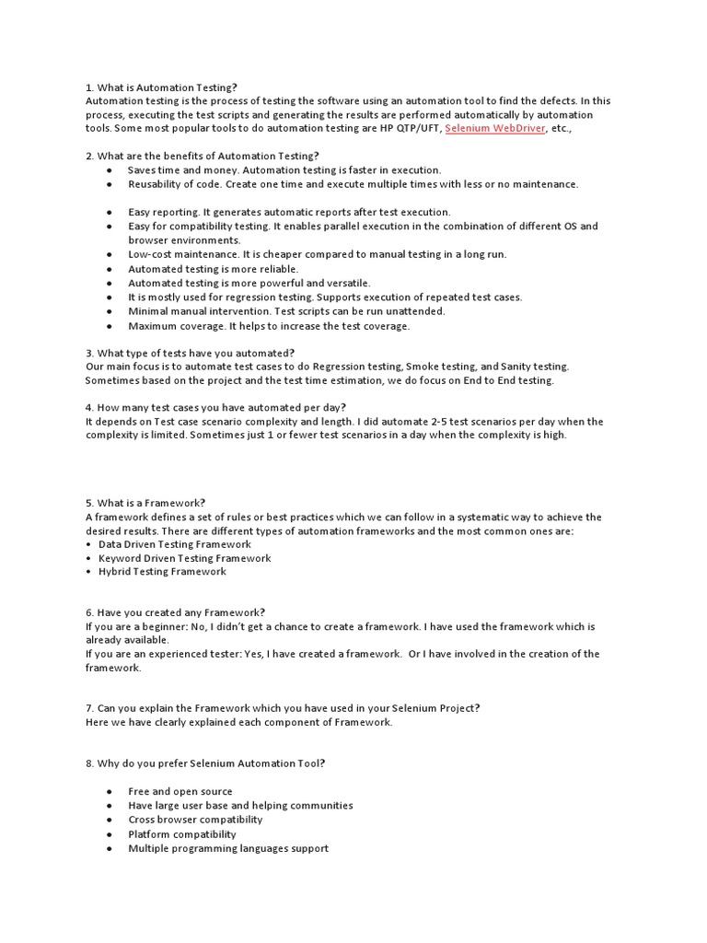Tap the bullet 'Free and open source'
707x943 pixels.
tap(180, 791)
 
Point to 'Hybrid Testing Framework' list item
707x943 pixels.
tap(162, 572)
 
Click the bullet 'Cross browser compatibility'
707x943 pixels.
tap(195, 820)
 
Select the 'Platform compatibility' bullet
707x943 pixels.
tap(182, 834)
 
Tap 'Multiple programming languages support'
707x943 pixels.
tap(228, 848)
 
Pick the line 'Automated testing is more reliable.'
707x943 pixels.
tap(213, 269)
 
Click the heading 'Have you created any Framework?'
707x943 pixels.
tap(175, 612)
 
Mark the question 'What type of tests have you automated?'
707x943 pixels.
tap(190, 353)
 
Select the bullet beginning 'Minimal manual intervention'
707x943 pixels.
tap(273, 311)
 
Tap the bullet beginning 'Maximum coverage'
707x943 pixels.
tap(269, 326)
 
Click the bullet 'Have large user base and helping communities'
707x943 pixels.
tap(240, 806)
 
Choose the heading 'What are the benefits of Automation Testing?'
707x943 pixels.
tap(202, 156)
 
